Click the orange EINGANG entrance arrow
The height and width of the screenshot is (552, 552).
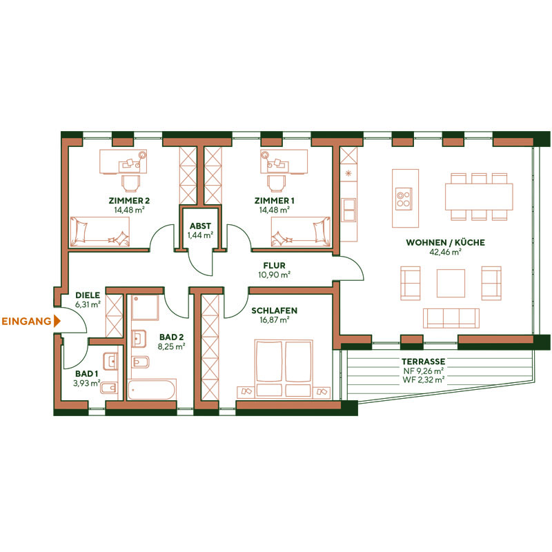pos(57,321)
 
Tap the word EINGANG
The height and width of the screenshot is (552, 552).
pos(26,321)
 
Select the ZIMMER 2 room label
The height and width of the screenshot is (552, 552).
pos(129,201)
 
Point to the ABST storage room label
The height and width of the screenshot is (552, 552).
pos(200,226)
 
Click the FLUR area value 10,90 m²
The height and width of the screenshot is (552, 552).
pos(274,275)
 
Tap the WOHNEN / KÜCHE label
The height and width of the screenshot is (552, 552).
pos(445,243)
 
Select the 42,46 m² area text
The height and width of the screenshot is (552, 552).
pos(445,253)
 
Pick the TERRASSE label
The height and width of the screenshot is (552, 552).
pos(423,362)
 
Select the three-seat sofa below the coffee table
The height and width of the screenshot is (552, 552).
pos(451,317)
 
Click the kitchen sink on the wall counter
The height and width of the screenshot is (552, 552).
pos(348,205)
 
